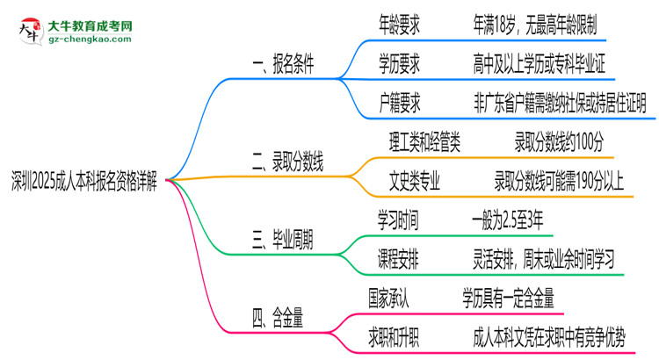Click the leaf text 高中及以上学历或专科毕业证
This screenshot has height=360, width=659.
click(537, 63)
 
